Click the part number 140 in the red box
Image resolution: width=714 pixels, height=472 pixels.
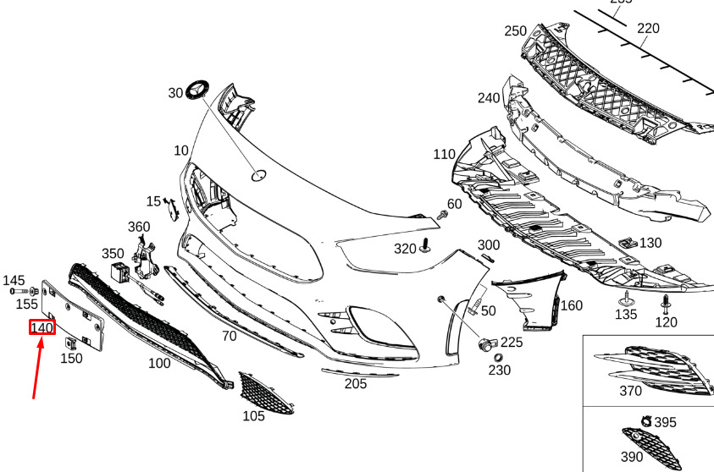coord(42,327)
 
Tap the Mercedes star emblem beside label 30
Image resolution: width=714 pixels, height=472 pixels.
coord(200,90)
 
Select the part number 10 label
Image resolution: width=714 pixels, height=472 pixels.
coord(181,151)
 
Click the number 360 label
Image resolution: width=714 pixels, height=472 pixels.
coord(139,227)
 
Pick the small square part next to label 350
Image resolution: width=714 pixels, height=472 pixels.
coord(119,272)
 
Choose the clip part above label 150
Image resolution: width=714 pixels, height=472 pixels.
coord(73,343)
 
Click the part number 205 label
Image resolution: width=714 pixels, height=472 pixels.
coord(356,383)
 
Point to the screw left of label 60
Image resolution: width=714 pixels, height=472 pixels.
coord(442,217)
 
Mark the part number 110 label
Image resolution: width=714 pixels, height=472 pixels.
coord(444,154)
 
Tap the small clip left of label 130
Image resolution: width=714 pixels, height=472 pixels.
coord(628,242)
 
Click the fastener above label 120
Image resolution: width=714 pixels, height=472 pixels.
coord(667,303)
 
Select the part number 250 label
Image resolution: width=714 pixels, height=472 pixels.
coord(516,31)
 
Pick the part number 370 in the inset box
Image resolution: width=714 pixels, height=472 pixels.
coord(630,391)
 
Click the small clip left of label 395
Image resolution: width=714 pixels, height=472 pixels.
coord(645,420)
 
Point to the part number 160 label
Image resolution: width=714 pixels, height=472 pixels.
coord(572,305)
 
